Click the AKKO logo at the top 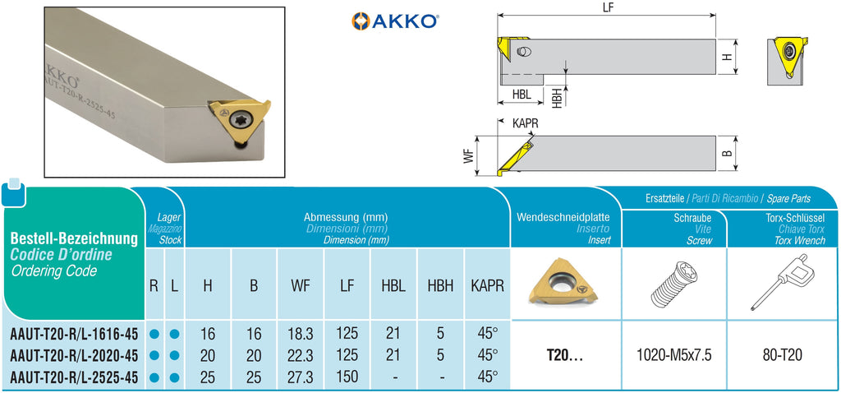point(395,21)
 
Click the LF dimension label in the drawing point(608,7)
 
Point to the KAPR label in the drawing point(526,123)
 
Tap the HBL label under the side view point(521,95)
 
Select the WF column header point(301,285)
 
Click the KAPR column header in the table point(487,285)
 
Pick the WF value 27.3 point(301,376)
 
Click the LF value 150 point(347,376)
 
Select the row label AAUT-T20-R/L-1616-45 point(73,335)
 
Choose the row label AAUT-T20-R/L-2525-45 point(73,377)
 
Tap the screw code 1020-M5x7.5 point(673,355)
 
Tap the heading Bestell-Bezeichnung point(74,238)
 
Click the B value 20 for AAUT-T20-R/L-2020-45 point(254,355)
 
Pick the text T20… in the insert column point(566,355)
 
